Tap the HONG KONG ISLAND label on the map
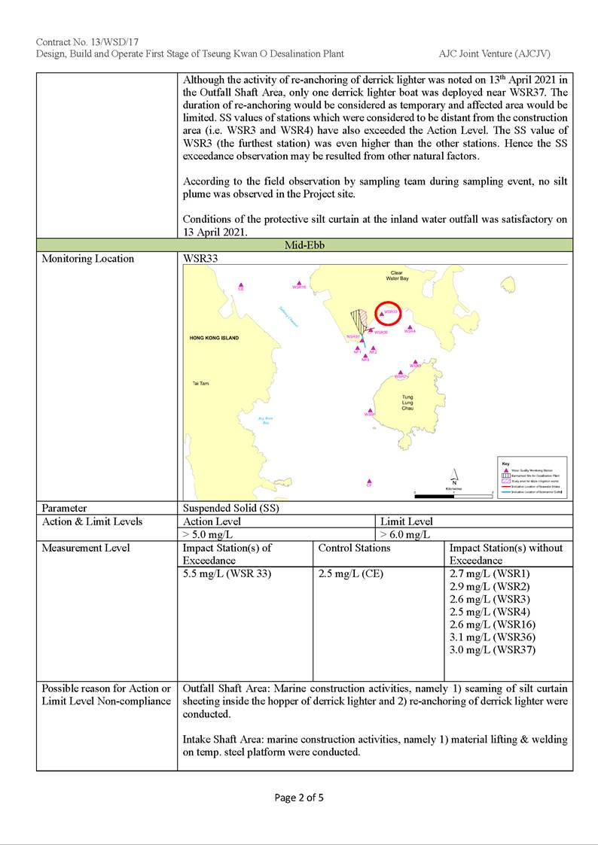[x=215, y=338]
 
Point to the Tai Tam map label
[x=201, y=384]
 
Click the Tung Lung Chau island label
[x=407, y=402]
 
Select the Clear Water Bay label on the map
[x=397, y=275]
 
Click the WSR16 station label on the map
[x=299, y=287]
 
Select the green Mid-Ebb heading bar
[x=304, y=245]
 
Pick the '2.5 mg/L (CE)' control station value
[x=351, y=573]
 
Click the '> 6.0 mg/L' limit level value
[x=405, y=534]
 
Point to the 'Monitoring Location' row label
[x=87, y=259]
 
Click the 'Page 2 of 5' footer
[x=299, y=798]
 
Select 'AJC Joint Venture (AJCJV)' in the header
[x=494, y=53]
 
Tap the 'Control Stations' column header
[x=355, y=548]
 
